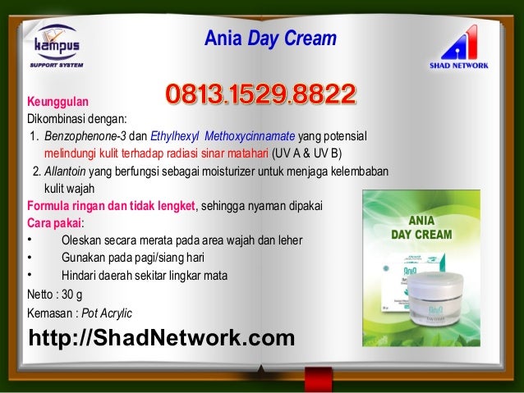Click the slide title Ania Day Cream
tap(269, 38)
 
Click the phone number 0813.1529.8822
tap(261, 95)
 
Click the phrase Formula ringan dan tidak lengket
tap(112, 206)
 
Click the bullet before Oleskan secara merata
tap(30, 240)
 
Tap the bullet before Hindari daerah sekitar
tap(30, 275)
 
